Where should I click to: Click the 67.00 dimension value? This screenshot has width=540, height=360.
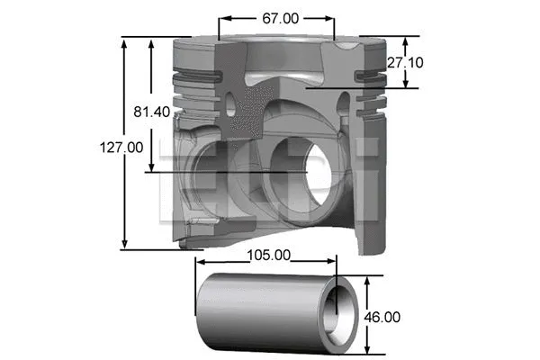[277, 17]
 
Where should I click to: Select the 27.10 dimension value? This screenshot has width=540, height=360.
[406, 62]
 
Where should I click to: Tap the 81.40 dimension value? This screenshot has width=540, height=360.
[152, 112]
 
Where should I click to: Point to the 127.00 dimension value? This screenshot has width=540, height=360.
[122, 146]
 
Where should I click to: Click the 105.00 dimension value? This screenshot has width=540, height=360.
[268, 255]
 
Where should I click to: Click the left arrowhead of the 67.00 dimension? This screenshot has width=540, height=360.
[221, 17]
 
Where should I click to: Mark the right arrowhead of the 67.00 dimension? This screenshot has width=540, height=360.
[332, 17]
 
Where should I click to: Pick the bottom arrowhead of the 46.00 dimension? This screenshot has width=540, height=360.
[367, 352]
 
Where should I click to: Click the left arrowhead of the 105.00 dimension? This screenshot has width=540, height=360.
[199, 263]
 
